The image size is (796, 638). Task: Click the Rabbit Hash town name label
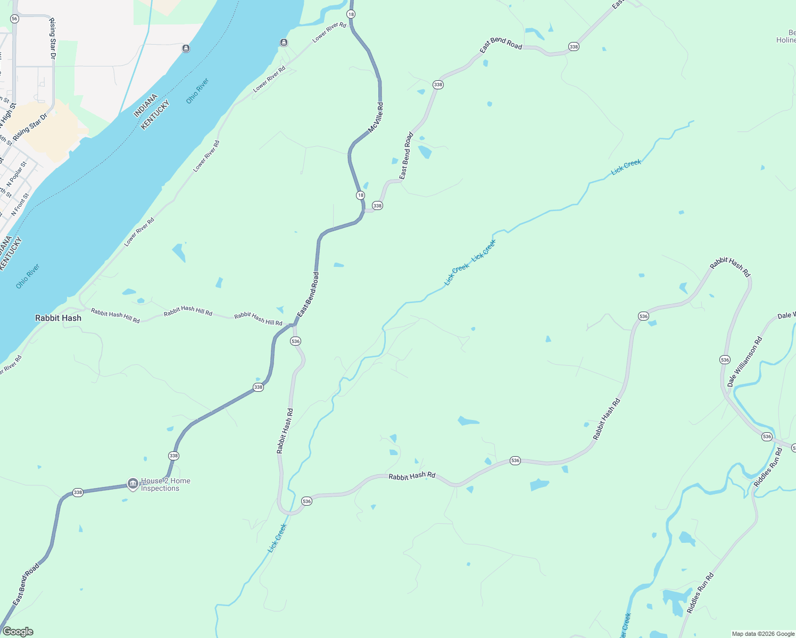point(58,318)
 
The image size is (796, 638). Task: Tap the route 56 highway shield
point(14,19)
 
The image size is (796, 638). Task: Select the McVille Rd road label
point(376,118)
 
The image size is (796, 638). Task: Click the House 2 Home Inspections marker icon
point(132,484)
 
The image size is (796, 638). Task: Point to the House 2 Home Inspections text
point(165,485)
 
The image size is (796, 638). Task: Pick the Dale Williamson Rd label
point(744,361)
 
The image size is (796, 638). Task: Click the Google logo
point(18,632)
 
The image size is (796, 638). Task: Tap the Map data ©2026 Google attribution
point(763,634)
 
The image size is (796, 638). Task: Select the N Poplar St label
point(16,175)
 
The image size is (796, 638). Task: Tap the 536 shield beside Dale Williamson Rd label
point(725,360)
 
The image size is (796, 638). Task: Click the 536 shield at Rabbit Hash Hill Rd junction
point(296,341)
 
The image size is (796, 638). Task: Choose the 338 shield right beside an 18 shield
point(377,206)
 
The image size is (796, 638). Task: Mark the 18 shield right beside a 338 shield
point(360,195)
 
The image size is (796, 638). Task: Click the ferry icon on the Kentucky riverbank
point(284,43)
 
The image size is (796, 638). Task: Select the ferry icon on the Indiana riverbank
point(186,48)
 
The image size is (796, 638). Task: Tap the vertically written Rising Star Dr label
point(52,38)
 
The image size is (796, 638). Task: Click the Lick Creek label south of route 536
point(277,538)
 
